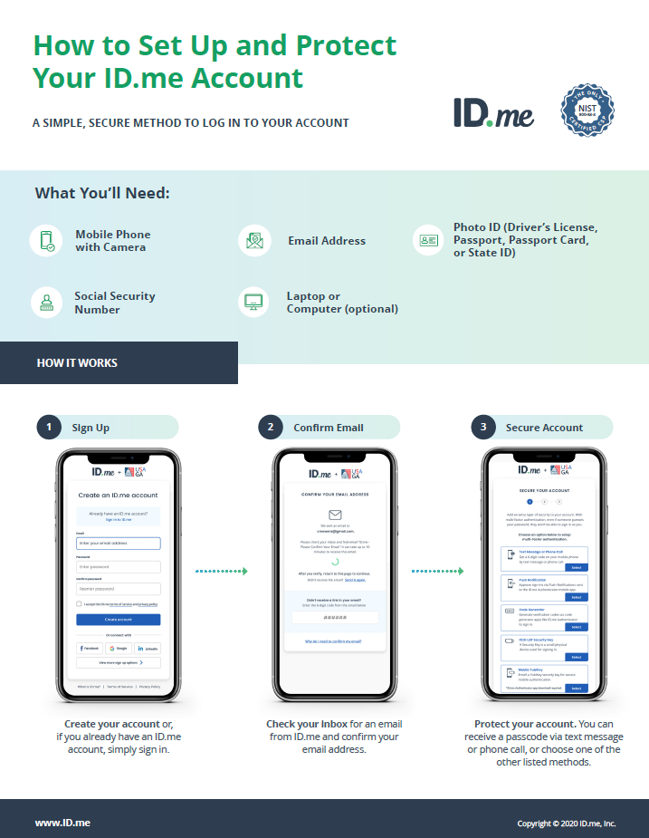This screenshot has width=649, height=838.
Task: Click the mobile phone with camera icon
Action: (x=46, y=241)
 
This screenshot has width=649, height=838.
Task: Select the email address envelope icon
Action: (x=254, y=241)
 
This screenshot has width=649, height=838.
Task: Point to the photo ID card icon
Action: (x=426, y=241)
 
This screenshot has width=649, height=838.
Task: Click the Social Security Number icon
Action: (x=46, y=303)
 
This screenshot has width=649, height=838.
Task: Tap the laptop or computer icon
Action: (x=254, y=303)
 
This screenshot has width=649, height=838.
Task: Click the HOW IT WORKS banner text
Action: (x=77, y=363)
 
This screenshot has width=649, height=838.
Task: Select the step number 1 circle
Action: (x=48, y=428)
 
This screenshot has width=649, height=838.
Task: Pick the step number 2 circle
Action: (x=270, y=428)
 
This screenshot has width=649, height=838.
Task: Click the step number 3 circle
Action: (x=483, y=428)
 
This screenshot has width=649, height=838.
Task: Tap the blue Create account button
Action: (x=119, y=620)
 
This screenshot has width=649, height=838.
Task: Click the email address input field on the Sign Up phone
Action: (x=119, y=544)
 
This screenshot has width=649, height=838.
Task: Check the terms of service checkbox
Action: (x=79, y=603)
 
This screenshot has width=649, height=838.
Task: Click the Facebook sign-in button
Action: (x=90, y=649)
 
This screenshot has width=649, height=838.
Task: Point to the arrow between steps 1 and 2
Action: (x=222, y=572)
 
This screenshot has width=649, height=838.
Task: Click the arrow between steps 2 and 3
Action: (x=438, y=572)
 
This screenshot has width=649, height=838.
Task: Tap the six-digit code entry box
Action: (x=335, y=617)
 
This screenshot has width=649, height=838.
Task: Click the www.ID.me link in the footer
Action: (x=62, y=823)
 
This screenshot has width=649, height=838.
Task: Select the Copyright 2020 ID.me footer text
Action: (x=566, y=824)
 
